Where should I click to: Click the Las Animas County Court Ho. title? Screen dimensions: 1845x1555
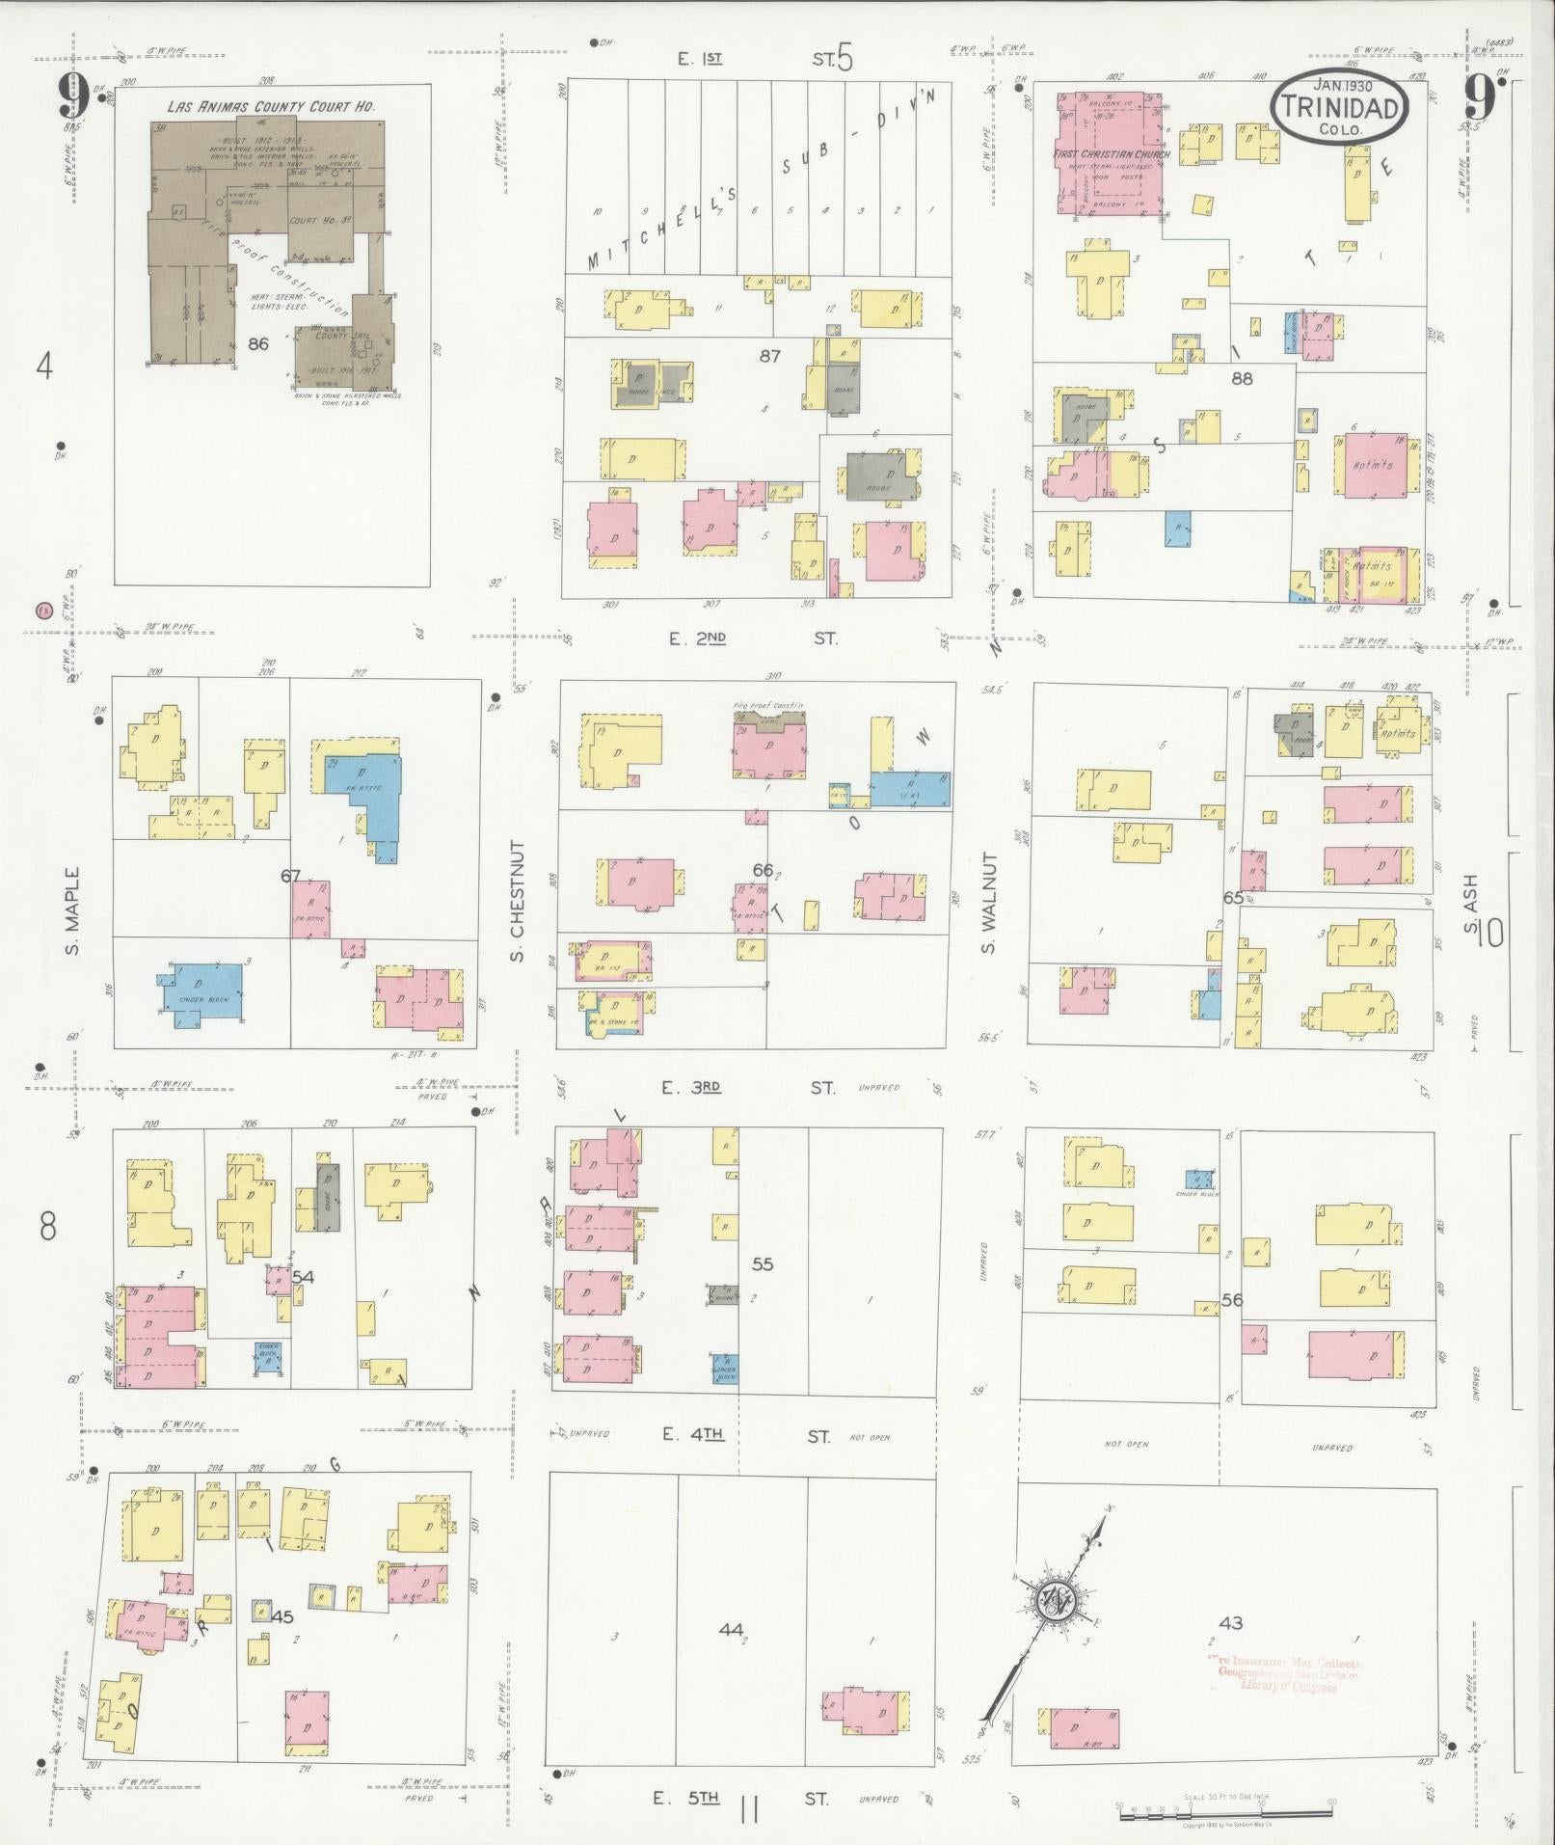271,107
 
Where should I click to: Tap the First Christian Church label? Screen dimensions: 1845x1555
1112,154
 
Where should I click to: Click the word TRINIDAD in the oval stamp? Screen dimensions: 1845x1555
1340,108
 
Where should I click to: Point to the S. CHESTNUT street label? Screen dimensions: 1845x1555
517,901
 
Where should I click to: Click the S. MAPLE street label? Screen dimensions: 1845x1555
72,911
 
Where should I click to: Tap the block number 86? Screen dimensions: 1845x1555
257,342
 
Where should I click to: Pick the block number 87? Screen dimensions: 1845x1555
769,356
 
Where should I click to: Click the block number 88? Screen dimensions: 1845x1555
1242,378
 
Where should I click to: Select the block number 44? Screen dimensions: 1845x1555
731,1629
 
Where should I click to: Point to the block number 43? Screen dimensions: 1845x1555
1230,1622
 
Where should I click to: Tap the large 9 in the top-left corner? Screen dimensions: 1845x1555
73,95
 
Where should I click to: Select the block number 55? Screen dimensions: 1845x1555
763,1263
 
